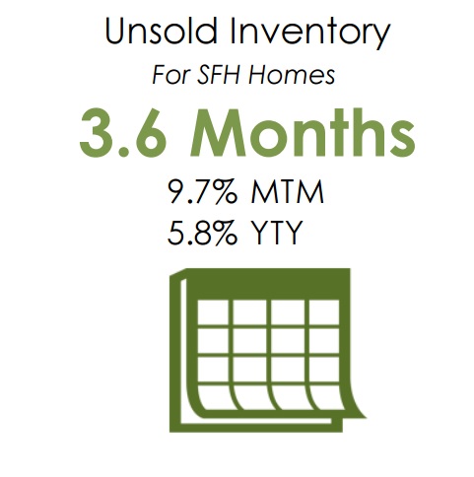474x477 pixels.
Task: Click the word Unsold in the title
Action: (161, 31)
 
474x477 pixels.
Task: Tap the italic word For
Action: (171, 75)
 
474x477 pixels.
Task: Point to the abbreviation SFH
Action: (220, 75)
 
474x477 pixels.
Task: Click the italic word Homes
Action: (292, 75)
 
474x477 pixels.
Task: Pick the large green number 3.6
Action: (122, 133)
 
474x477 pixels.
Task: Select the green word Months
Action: (303, 132)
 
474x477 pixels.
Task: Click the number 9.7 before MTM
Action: (190, 192)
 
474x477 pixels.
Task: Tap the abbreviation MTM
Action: (288, 192)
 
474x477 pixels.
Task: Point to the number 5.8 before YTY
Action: (190, 233)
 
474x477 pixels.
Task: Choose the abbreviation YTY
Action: (276, 233)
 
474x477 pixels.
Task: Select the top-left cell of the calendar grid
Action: (215, 312)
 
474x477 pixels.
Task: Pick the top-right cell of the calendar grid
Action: (324, 312)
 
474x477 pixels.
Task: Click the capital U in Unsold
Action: (115, 31)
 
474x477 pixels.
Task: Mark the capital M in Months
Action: (219, 132)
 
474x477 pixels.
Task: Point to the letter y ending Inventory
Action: (381, 37)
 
